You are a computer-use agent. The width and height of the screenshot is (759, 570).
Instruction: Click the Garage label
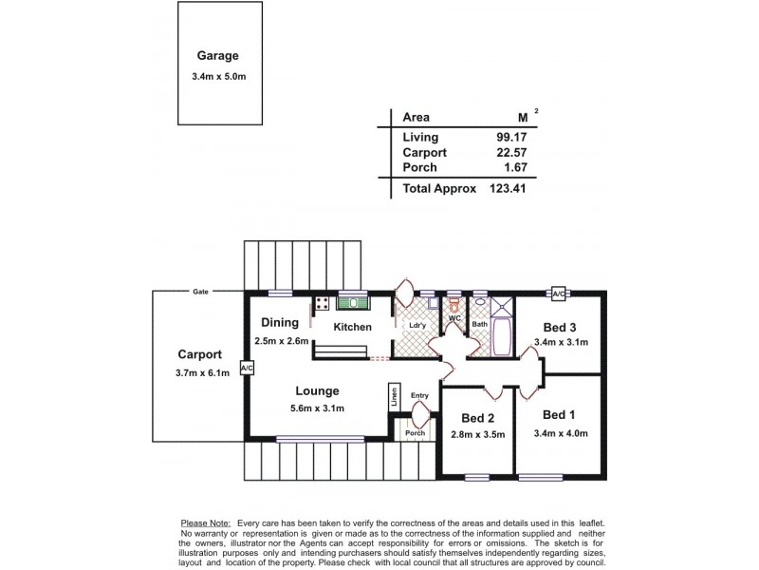tap(217, 56)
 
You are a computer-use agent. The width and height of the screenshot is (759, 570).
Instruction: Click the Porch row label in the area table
tap(418, 167)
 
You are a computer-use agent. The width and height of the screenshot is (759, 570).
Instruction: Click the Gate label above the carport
tap(199, 292)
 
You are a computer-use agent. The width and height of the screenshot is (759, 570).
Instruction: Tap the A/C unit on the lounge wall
tap(246, 367)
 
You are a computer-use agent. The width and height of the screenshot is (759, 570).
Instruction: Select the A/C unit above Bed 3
tap(558, 294)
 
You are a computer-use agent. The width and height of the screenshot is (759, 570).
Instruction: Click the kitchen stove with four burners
tap(322, 304)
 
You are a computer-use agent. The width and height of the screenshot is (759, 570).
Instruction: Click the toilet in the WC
tap(454, 305)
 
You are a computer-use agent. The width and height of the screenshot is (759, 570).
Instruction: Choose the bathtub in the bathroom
tap(504, 339)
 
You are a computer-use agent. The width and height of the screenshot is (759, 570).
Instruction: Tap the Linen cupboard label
tap(393, 397)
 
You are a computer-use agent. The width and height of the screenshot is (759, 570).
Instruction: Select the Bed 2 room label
tap(477, 418)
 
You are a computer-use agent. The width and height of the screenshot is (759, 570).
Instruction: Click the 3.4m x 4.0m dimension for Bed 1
tap(561, 434)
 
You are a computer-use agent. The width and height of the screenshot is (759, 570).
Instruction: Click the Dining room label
tap(280, 323)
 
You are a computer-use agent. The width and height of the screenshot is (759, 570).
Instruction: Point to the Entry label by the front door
tap(419, 394)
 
